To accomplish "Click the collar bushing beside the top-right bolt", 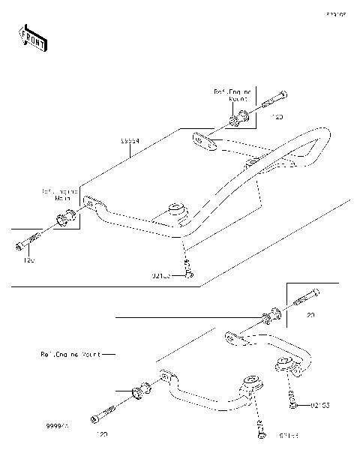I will pos(240,118).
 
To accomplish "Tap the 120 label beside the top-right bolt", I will pos(277,118).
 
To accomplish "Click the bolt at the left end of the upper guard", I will pos(27,244).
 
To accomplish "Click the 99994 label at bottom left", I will pos(56,424).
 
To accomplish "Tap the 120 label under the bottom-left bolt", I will pos(101,434).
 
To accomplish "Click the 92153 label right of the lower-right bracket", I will pos(320,405).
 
